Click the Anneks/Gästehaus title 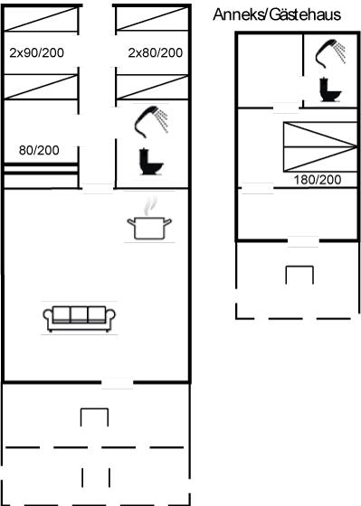coord(277,14)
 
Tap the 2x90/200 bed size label coord(36,52)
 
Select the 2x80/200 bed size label coord(155,52)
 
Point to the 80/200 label coord(39,150)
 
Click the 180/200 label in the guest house coord(318,180)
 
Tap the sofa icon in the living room coord(80,318)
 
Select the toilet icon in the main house coord(151,162)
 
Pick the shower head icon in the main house coord(151,122)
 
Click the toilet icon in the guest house coord(330,90)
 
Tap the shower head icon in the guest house coord(330,53)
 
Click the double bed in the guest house coord(320,146)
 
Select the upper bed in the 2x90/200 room coord(41,19)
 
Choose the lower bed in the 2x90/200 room coord(41,87)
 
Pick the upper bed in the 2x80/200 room coord(152,18)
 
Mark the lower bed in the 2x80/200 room coord(152,87)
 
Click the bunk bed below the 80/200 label coord(41,175)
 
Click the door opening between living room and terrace coord(117,383)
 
